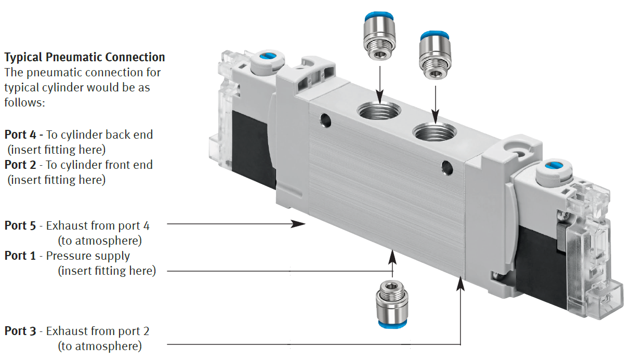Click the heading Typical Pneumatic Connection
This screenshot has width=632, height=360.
pyautogui.click(x=85, y=57)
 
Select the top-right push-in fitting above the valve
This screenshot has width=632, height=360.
pyautogui.click(x=435, y=55)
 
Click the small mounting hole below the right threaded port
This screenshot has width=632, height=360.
pyautogui.click(x=445, y=167)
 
